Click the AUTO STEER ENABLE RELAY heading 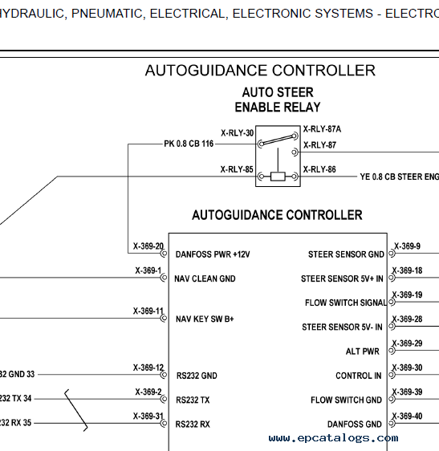tap(278, 100)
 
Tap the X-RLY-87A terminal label tap(322, 129)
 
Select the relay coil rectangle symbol tap(278, 177)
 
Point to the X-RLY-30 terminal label tap(237, 133)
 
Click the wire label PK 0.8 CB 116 tap(189, 144)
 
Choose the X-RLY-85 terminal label tap(237, 169)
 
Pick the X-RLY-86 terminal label tap(319, 169)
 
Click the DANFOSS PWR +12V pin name tap(213, 254)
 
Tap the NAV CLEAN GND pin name tap(205, 278)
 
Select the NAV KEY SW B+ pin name tap(205, 319)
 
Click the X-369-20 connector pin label tap(148, 246)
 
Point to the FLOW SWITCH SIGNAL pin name tap(346, 303)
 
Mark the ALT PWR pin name tap(363, 351)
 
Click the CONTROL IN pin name tap(359, 376)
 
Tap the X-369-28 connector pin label tap(407, 319)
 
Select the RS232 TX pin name tap(193, 400)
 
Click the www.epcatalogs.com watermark tap(333, 438)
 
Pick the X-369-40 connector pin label tap(407, 416)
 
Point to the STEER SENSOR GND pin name tap(346, 254)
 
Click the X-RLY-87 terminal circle tap(295, 152)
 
